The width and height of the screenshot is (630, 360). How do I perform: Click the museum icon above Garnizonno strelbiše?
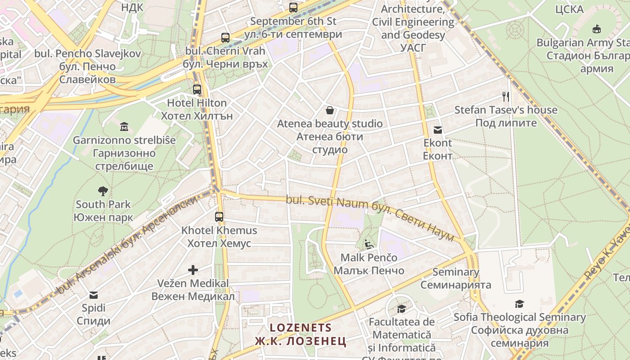pyautogui.click(x=124, y=127)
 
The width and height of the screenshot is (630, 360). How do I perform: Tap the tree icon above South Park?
pyautogui.click(x=103, y=191)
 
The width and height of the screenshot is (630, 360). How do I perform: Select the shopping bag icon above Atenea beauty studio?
pyautogui.click(x=330, y=110)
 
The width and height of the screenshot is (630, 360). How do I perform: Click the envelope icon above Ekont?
pyautogui.click(x=438, y=130)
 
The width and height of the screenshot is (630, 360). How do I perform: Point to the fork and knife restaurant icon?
pyautogui.click(x=506, y=96)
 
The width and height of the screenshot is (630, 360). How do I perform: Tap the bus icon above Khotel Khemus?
pyautogui.click(x=219, y=217)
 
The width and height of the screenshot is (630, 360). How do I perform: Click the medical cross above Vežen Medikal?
pyautogui.click(x=193, y=270)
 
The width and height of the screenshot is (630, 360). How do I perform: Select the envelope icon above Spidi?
pyautogui.click(x=94, y=295)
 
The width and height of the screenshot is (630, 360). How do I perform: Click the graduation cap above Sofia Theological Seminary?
pyautogui.click(x=519, y=304)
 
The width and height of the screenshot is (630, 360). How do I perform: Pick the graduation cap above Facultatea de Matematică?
pyautogui.click(x=401, y=309)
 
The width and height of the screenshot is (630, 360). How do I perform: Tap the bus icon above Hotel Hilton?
pyautogui.click(x=197, y=90)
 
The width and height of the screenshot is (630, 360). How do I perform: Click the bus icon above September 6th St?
pyautogui.click(x=293, y=8)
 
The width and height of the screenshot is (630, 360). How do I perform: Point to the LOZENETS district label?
pyautogui.click(x=300, y=328)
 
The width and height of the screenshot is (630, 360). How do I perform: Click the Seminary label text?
pyautogui.click(x=455, y=272)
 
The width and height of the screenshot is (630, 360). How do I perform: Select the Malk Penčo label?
pyautogui.click(x=369, y=258)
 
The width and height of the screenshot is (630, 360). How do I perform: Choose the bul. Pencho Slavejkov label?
pyautogui.click(x=87, y=54)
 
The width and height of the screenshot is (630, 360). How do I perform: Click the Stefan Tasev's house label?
pyautogui.click(x=506, y=110)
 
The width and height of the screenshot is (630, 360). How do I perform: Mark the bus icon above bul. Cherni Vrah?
pyautogui.click(x=225, y=38)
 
